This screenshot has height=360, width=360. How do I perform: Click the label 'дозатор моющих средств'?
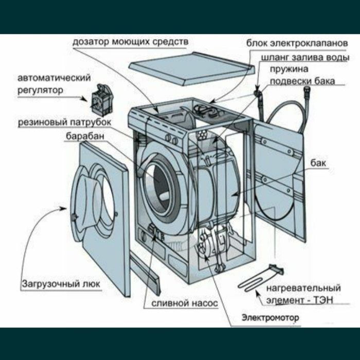(x=131, y=42)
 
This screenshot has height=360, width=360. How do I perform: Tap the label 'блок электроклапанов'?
(x=297, y=43)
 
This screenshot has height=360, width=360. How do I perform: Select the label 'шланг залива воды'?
(x=305, y=58)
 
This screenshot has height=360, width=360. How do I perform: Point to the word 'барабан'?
(x=85, y=136)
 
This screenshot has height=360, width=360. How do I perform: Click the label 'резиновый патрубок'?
(x=64, y=122)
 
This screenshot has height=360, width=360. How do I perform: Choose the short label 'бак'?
(x=318, y=163)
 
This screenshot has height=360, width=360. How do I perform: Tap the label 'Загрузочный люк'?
(x=61, y=284)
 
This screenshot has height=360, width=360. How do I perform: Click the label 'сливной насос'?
(x=185, y=303)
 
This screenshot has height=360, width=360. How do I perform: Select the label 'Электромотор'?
(x=271, y=318)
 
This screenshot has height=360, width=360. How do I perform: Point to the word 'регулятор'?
(x=41, y=90)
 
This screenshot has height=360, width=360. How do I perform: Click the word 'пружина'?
(x=289, y=69)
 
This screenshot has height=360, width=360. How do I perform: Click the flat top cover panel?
(x=192, y=68)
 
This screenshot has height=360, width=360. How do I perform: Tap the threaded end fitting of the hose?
(x=307, y=90)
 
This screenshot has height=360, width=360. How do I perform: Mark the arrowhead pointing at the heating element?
(x=258, y=293)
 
